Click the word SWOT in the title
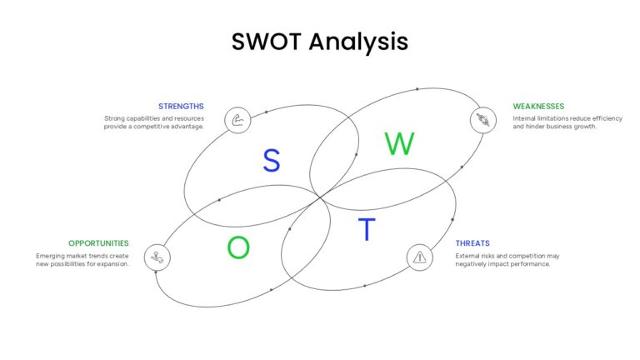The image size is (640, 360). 267,42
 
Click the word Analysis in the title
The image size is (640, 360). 358,42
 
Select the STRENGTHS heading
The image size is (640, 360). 181,106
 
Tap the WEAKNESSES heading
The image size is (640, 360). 538,106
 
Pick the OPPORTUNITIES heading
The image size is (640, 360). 98,243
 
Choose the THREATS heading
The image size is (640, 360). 472,243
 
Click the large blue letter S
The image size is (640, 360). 272,160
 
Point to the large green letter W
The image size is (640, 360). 399,143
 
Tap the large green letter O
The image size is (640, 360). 238,247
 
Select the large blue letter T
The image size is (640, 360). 367,229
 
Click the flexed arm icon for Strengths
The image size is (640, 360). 237,120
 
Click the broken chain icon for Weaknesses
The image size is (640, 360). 483,120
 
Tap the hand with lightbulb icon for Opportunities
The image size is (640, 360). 157,257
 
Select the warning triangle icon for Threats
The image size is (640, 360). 420,257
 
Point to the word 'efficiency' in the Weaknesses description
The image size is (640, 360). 607,119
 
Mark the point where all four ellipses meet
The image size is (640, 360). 320,197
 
